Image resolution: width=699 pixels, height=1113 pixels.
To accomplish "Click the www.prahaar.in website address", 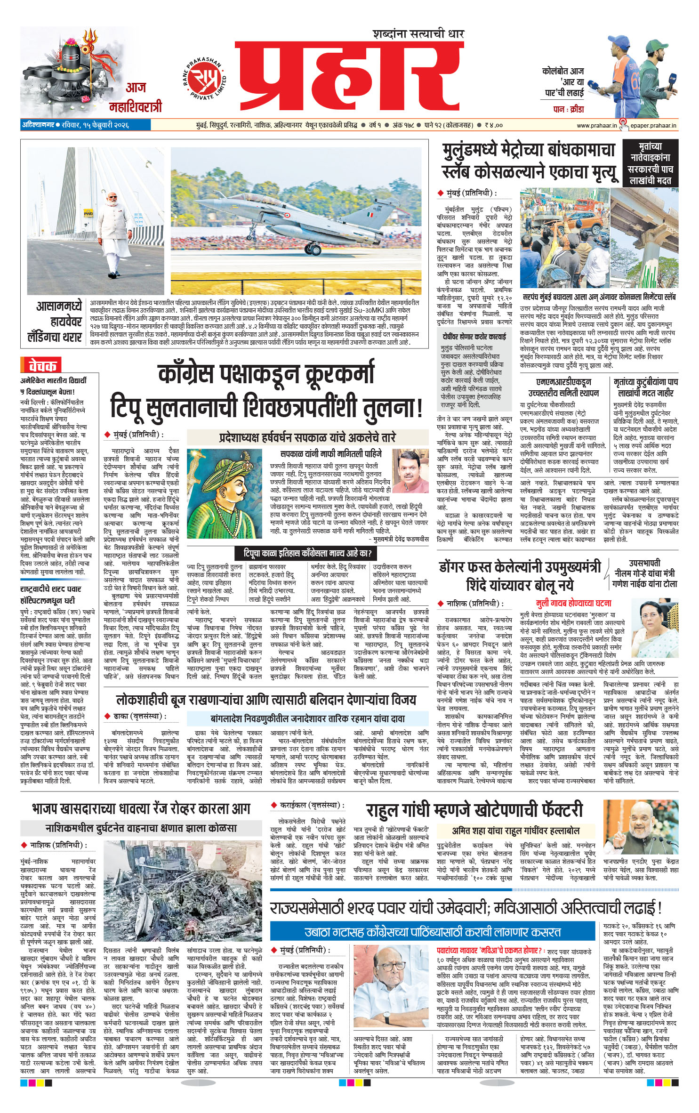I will coord(596,125).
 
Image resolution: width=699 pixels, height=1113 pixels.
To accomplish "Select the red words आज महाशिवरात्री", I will coord(136,97).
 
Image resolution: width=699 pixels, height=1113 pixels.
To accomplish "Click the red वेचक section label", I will coord(42,365).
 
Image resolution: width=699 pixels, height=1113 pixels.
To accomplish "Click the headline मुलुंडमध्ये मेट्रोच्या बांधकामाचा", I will coord(529,150).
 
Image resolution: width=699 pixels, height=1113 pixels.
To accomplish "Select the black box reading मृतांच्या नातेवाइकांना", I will coord(651,163).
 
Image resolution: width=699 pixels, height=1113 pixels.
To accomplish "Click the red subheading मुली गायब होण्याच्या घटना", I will coord(574,603).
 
